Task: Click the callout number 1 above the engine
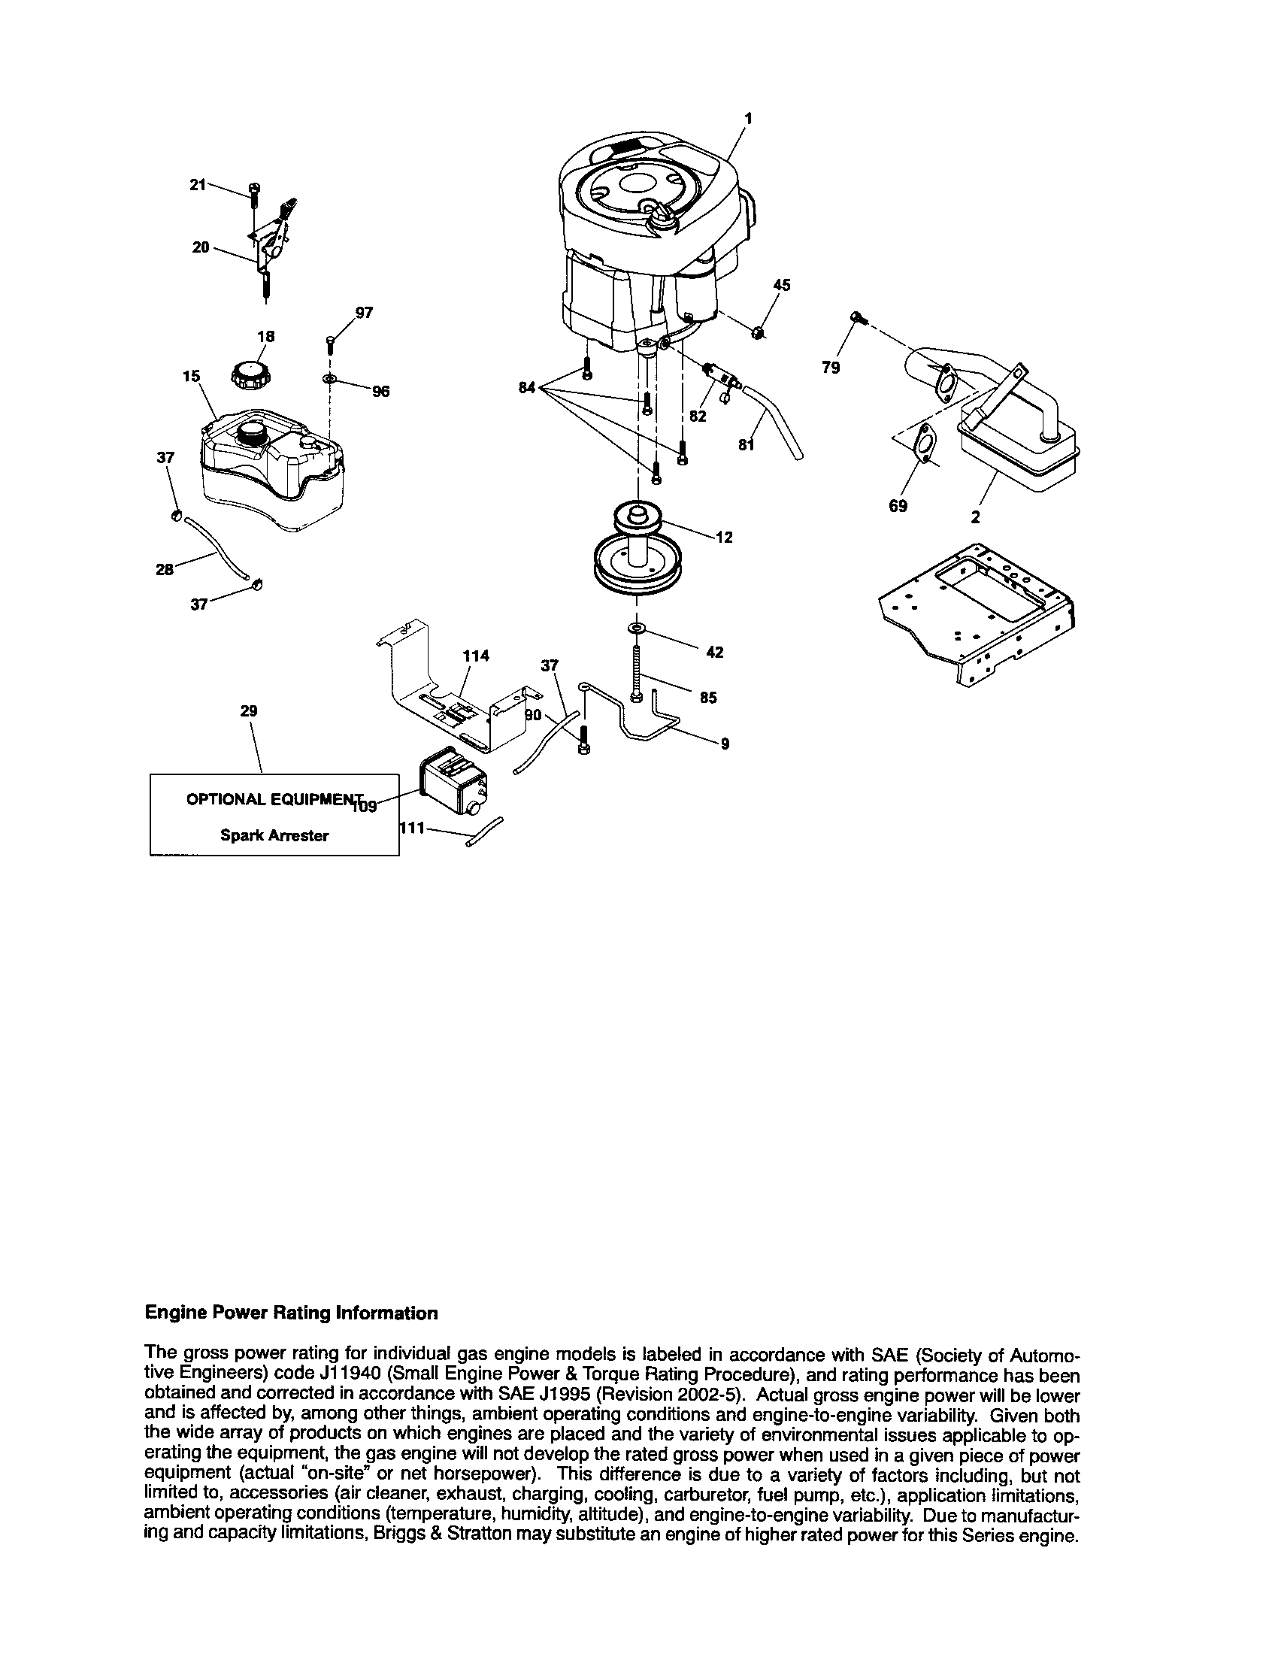pos(748,118)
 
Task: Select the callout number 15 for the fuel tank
pos(191,377)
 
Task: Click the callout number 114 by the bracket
pos(476,656)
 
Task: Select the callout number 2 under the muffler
pos(975,517)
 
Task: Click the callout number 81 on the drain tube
pos(747,445)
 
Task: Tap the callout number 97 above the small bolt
pos(364,313)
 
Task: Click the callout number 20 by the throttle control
pos(200,247)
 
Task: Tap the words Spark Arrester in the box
pos(274,836)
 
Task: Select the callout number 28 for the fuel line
pos(165,569)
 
